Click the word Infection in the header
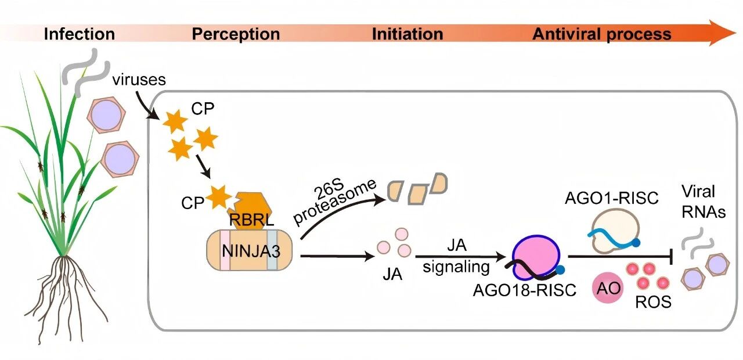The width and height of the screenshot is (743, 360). [80, 34]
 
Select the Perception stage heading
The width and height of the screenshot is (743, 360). [236, 34]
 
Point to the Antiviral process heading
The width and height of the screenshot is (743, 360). [601, 34]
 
